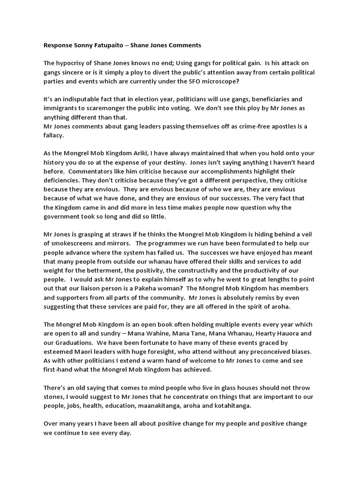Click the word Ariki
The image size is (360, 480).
pyautogui.click(x=135, y=153)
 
